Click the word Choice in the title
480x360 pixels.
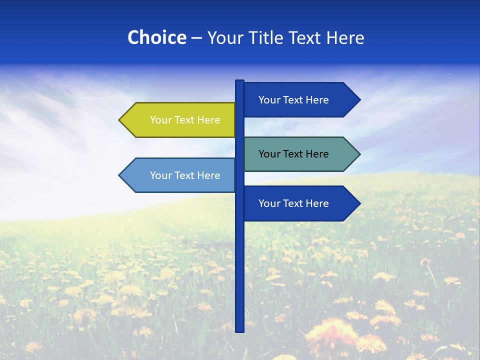pos(156,37)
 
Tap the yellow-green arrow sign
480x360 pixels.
pos(180,120)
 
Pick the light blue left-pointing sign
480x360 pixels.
pos(180,175)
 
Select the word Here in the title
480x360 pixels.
pos(345,37)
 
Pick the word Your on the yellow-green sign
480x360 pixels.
pos(160,120)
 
